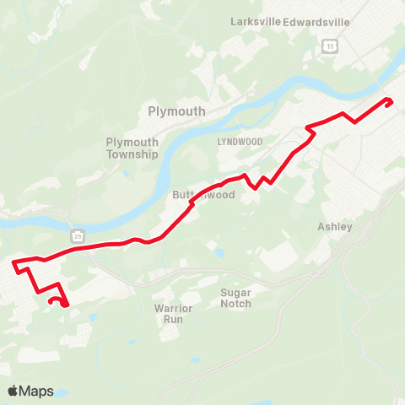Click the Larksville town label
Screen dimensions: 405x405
coord(255,21)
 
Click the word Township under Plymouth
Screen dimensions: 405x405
coord(132,154)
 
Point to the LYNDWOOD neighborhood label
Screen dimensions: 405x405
coord(235,140)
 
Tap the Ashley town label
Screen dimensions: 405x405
coord(334,226)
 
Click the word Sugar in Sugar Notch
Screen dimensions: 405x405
coord(236,292)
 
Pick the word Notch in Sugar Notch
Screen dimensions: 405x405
coord(236,304)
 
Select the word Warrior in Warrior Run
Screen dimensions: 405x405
coord(174,309)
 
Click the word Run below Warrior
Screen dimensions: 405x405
coord(174,321)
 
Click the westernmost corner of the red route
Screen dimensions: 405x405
coord(14,265)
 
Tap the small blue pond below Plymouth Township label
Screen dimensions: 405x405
coord(126,175)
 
